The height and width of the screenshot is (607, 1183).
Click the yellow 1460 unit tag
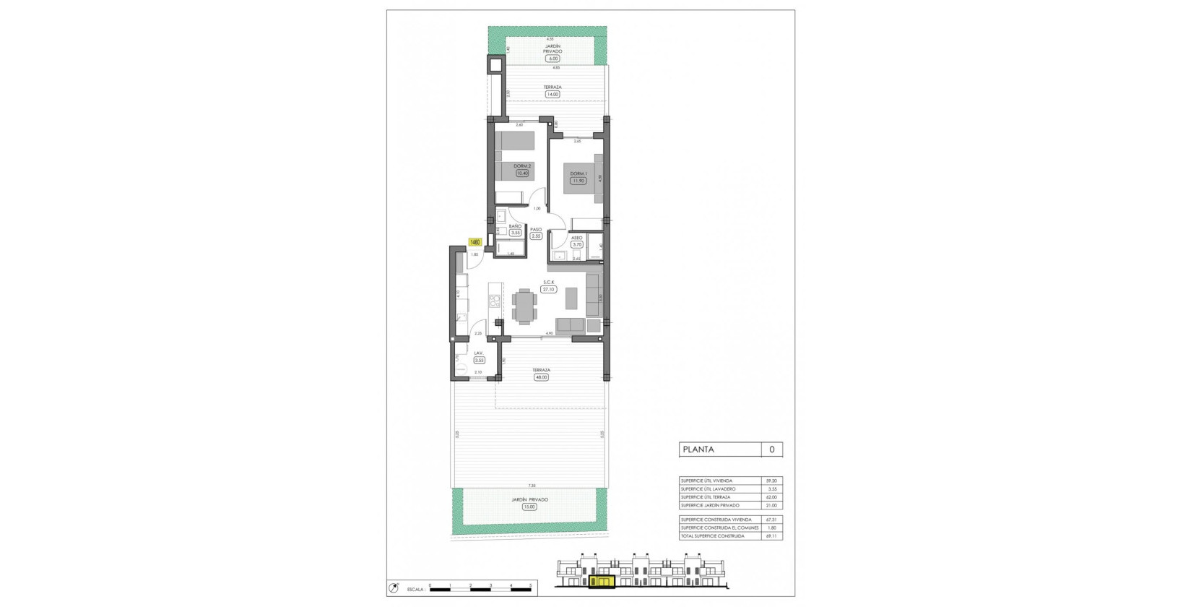(475, 243)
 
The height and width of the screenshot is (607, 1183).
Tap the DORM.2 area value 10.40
(521, 173)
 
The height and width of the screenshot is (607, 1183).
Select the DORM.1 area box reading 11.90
(577, 181)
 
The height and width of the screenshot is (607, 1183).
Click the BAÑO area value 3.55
(515, 233)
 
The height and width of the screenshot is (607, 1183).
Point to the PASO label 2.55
(536, 236)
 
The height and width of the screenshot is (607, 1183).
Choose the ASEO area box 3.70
(577, 244)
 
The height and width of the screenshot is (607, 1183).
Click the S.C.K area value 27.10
(548, 289)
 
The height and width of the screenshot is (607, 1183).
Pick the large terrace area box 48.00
(541, 376)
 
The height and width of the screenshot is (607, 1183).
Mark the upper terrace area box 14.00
(552, 94)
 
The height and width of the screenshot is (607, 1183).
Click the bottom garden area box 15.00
(529, 507)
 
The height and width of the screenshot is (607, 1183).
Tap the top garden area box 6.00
(552, 59)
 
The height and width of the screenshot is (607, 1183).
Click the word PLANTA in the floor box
(698, 449)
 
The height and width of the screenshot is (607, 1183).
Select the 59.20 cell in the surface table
(772, 481)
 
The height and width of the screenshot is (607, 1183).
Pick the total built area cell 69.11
(772, 536)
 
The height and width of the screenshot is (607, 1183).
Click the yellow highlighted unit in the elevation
(601, 580)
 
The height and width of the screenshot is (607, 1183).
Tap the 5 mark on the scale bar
(530, 585)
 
